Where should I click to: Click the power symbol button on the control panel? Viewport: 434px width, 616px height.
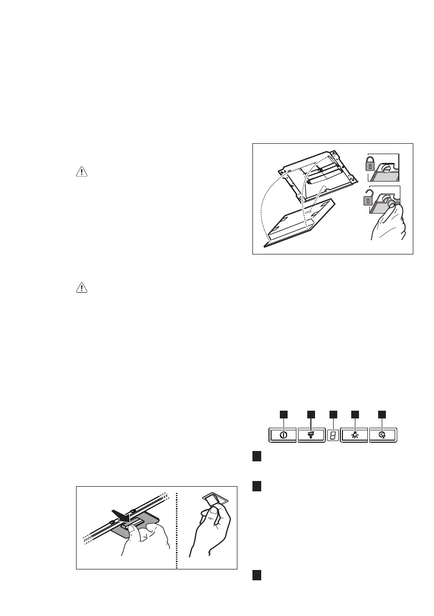(283, 435)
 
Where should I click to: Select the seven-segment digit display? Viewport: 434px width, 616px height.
(334, 435)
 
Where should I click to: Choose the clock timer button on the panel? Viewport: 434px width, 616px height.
(382, 435)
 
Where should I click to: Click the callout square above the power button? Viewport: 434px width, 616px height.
(283, 414)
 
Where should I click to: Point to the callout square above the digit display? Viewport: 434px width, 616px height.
(334, 414)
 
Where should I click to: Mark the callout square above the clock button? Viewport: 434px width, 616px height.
(382, 414)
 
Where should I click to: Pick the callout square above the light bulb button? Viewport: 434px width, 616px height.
(355, 414)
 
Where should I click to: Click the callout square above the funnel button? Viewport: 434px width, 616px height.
(311, 414)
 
